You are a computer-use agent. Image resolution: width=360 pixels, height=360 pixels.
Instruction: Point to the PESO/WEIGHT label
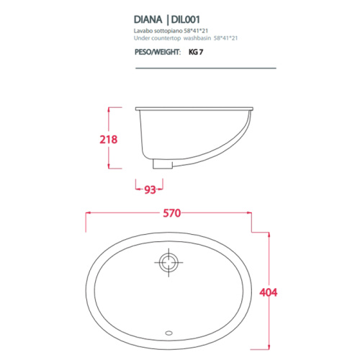pos(156,53)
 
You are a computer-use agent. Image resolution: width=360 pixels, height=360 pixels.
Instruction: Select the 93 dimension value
pos(150,189)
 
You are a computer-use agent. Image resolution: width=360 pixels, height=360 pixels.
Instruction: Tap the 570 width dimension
pos(171,213)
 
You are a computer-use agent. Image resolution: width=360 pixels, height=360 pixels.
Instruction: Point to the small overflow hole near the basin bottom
pos(170,333)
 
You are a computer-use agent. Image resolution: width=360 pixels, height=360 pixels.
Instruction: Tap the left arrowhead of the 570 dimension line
pos(89,213)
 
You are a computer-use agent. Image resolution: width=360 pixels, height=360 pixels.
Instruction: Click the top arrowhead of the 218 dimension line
pos(109,109)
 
